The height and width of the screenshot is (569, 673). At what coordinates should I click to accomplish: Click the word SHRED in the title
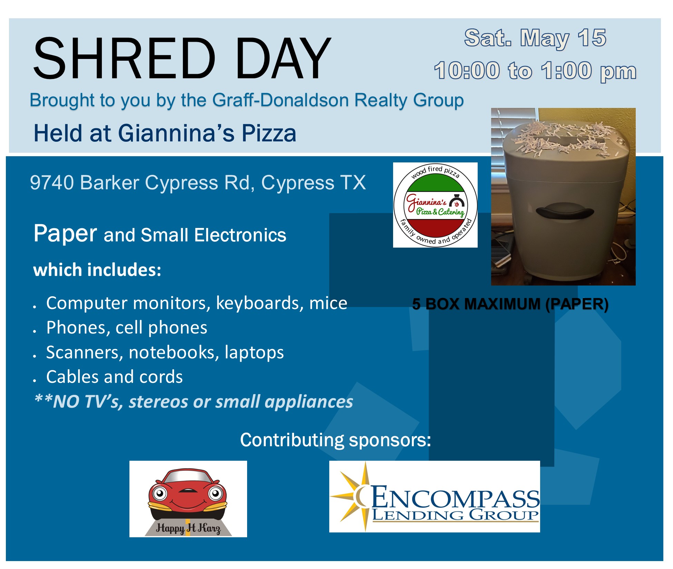(x=125, y=58)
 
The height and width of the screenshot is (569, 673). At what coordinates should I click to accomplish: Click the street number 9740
(x=52, y=182)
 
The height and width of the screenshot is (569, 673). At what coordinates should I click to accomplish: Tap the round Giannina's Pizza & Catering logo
(x=435, y=205)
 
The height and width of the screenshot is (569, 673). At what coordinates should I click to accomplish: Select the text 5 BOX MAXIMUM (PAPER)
(x=510, y=304)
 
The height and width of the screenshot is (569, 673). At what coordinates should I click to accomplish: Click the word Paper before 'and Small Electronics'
(x=65, y=234)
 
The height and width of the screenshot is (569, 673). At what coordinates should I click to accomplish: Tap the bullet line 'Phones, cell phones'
(x=127, y=328)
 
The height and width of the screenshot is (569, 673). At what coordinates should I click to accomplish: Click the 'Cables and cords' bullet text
(x=115, y=377)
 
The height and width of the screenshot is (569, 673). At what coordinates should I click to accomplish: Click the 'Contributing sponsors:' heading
(x=335, y=440)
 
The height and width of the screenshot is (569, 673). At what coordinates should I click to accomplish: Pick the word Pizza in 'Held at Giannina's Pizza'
(x=269, y=133)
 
